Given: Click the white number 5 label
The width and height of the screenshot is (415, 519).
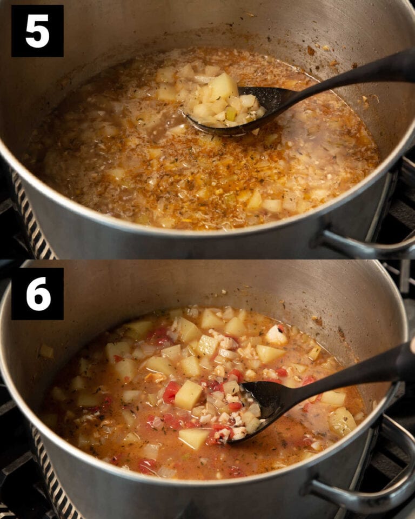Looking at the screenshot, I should tap(37, 31).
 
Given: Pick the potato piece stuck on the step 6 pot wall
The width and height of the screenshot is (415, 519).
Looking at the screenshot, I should tap(46, 351).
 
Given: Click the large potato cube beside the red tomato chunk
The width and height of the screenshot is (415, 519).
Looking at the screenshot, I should tap(188, 395).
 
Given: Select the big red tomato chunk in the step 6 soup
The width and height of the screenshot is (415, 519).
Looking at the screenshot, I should tap(171, 392).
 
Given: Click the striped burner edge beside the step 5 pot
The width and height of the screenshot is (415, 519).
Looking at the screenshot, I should tap(32, 216).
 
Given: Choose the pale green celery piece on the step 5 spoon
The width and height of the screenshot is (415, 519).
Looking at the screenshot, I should tap(231, 114).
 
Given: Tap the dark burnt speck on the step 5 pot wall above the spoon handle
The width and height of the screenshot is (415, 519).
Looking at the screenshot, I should tap(311, 51).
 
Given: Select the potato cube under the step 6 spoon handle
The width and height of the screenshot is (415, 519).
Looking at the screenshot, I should tap(333, 398).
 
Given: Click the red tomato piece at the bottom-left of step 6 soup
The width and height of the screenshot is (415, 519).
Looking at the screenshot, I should tap(146, 465).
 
